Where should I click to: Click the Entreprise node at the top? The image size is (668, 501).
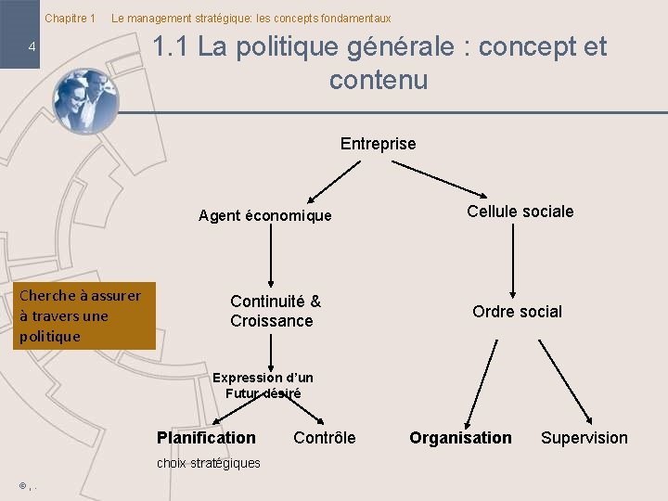378,144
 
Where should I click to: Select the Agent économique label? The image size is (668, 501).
264,216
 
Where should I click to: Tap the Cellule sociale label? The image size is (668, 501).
520,212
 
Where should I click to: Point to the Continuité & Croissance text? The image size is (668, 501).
275,311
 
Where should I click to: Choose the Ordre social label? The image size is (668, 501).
517,312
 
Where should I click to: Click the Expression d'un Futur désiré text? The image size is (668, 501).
263,385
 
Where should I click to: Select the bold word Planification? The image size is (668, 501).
206,438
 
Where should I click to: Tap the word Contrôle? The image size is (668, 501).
324,438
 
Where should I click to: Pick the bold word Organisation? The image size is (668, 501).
460,438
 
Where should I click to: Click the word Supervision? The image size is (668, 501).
584,438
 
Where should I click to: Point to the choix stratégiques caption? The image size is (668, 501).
208,463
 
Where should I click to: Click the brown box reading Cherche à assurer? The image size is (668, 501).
86,316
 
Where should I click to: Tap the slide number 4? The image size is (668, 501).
32,47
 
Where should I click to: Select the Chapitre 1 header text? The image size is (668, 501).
71,19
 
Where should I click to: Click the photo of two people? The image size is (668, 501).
84,101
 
